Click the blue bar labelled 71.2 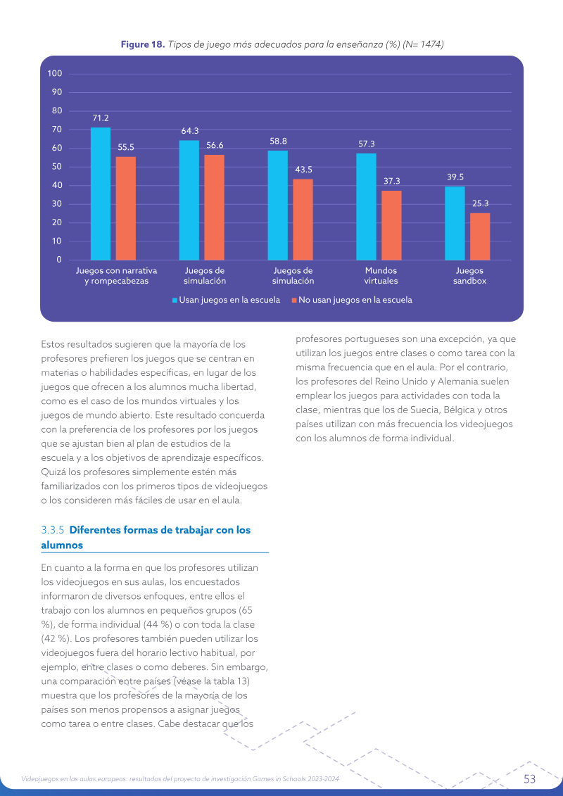[x=101, y=194]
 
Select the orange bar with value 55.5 [x=126, y=208]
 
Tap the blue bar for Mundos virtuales [x=366, y=207]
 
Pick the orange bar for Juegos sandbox [x=480, y=236]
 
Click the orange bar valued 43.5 [x=303, y=220]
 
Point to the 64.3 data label [x=190, y=131]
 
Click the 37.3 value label [x=391, y=182]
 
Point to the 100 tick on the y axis [x=55, y=74]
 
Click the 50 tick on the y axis [x=57, y=167]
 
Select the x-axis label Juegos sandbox [x=469, y=276]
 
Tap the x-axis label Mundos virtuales [x=381, y=276]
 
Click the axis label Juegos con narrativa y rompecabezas [x=116, y=276]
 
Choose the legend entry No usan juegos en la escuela [x=352, y=300]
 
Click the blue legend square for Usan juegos [x=175, y=300]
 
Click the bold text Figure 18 [x=143, y=44]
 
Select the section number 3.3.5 [x=52, y=530]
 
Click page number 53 [x=529, y=778]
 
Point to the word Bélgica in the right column [x=458, y=410]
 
